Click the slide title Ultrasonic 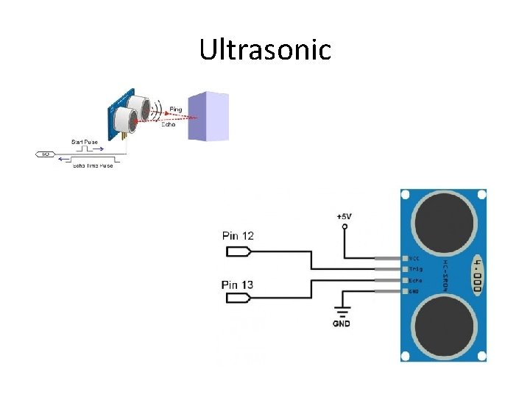[x=265, y=50]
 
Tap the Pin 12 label [x=238, y=235]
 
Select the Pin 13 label [x=238, y=285]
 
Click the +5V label [x=344, y=217]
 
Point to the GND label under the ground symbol [x=342, y=323]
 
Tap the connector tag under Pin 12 [x=239, y=251]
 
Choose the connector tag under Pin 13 [x=239, y=298]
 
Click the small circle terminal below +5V [x=344, y=228]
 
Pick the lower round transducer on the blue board [x=443, y=325]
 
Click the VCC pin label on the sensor [x=414, y=259]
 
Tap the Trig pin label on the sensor [x=415, y=270]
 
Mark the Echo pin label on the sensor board [x=415, y=281]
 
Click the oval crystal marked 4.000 [x=478, y=274]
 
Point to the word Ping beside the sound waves [x=175, y=110]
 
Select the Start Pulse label [x=84, y=141]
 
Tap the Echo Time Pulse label [x=93, y=166]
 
